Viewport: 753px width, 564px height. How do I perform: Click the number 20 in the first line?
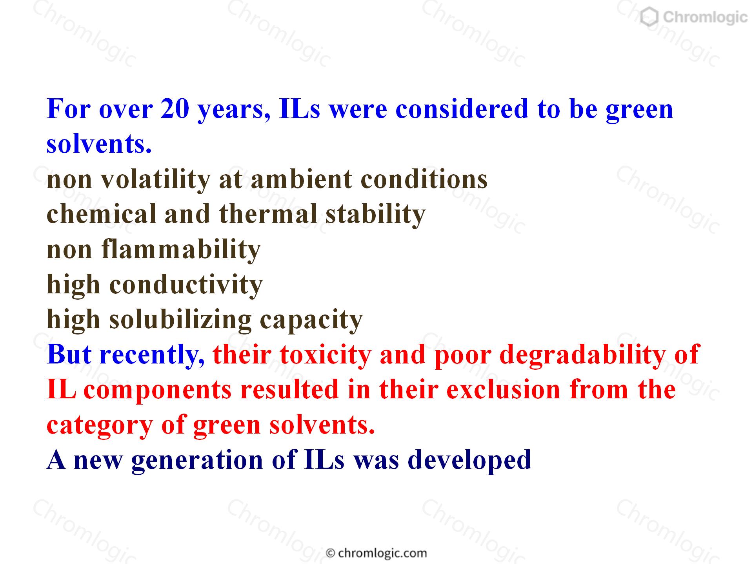(x=175, y=109)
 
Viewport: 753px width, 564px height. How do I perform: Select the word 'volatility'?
(x=156, y=180)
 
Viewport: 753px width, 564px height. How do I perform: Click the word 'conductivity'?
(x=186, y=285)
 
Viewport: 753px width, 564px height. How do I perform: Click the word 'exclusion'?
(x=504, y=390)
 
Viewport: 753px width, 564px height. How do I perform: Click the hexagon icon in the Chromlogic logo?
(x=649, y=18)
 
